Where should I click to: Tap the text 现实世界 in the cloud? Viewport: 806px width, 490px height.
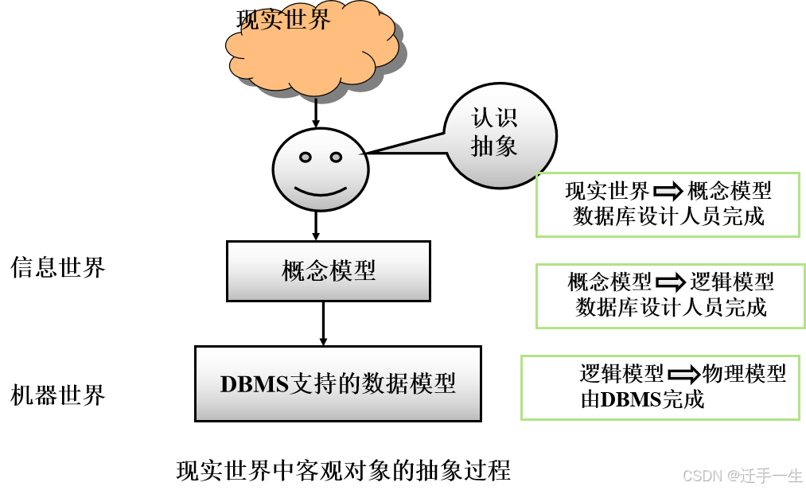click(285, 18)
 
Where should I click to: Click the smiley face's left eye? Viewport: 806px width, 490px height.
click(306, 157)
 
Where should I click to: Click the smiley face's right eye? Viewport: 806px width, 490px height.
click(336, 157)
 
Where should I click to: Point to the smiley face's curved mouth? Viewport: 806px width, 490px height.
click(321, 192)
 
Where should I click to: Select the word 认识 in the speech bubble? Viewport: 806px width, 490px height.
click(494, 118)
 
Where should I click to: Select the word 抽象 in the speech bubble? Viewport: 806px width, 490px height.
click(494, 146)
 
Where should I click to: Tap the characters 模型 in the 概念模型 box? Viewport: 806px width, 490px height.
click(352, 271)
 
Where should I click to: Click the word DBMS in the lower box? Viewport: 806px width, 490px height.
click(254, 384)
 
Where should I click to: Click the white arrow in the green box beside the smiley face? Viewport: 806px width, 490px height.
click(668, 191)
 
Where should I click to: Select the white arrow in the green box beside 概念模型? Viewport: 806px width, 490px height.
click(670, 282)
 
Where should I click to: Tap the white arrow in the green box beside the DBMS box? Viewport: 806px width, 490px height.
click(683, 375)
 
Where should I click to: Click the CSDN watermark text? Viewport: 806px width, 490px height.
click(701, 476)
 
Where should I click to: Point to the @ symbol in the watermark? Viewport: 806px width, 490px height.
click(732, 476)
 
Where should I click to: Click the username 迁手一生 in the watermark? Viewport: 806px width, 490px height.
click(770, 476)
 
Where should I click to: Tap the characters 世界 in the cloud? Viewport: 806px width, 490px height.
click(309, 18)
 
